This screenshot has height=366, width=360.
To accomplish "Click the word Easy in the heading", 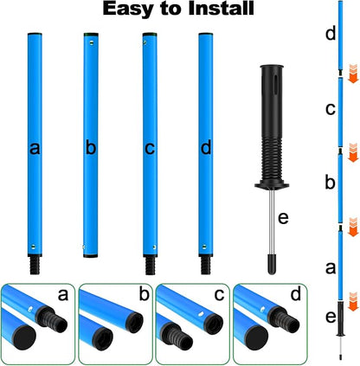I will [129, 10].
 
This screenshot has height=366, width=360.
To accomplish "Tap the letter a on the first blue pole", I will [35, 148].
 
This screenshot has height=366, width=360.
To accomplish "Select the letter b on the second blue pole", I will [91, 148].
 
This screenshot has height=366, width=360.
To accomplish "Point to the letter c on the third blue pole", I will [149, 148].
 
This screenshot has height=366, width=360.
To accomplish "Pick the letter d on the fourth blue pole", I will [206, 148].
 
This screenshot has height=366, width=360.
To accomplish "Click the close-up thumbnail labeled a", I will [37, 320].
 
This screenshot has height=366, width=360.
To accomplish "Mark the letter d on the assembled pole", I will [330, 35].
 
